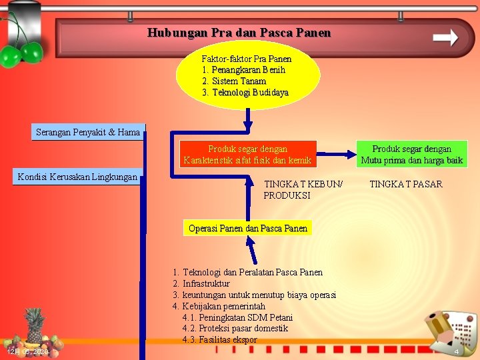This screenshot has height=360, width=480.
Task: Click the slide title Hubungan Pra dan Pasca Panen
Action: pos(239,33)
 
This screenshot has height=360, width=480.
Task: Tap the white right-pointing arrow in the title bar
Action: pos(445,37)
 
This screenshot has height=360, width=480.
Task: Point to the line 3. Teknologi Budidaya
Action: pos(245,93)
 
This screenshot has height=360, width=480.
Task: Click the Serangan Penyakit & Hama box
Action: pos(87,133)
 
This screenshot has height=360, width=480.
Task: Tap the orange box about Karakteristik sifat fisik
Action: pos(247,155)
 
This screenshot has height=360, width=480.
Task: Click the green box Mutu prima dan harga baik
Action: pos(411,155)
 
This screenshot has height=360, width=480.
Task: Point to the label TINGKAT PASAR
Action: pos(406,184)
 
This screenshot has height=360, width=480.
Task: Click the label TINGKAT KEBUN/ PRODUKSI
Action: pos(303,190)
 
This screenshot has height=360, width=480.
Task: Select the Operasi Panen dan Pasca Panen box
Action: pos(248,228)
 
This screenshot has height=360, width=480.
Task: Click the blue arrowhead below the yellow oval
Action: pos(248,123)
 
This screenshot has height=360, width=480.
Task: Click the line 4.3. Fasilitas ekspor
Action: pos(219,340)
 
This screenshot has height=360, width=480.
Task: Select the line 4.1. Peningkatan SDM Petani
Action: pos(237,317)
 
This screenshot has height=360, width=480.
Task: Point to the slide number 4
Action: pos(457,351)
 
